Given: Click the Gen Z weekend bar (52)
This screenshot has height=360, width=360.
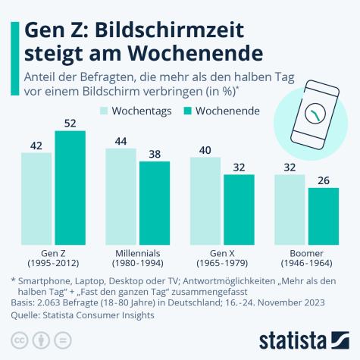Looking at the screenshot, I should click(70, 187).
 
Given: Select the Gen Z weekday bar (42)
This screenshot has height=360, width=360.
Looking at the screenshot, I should click(36, 198).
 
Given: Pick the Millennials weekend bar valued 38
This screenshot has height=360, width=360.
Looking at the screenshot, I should click(155, 202).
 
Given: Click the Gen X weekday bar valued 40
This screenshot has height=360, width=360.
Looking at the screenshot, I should click(205, 200).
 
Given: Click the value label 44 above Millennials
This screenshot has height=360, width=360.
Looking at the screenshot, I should click(121, 141).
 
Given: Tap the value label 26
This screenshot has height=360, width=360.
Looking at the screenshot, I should click(323, 180).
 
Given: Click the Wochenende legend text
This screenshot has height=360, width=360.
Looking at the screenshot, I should click(227, 111).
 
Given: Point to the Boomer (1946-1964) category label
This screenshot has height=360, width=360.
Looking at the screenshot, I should click(306, 258).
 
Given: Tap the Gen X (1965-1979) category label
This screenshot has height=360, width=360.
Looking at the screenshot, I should click(221, 258).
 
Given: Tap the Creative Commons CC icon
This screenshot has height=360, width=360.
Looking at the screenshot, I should click(17, 338).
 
